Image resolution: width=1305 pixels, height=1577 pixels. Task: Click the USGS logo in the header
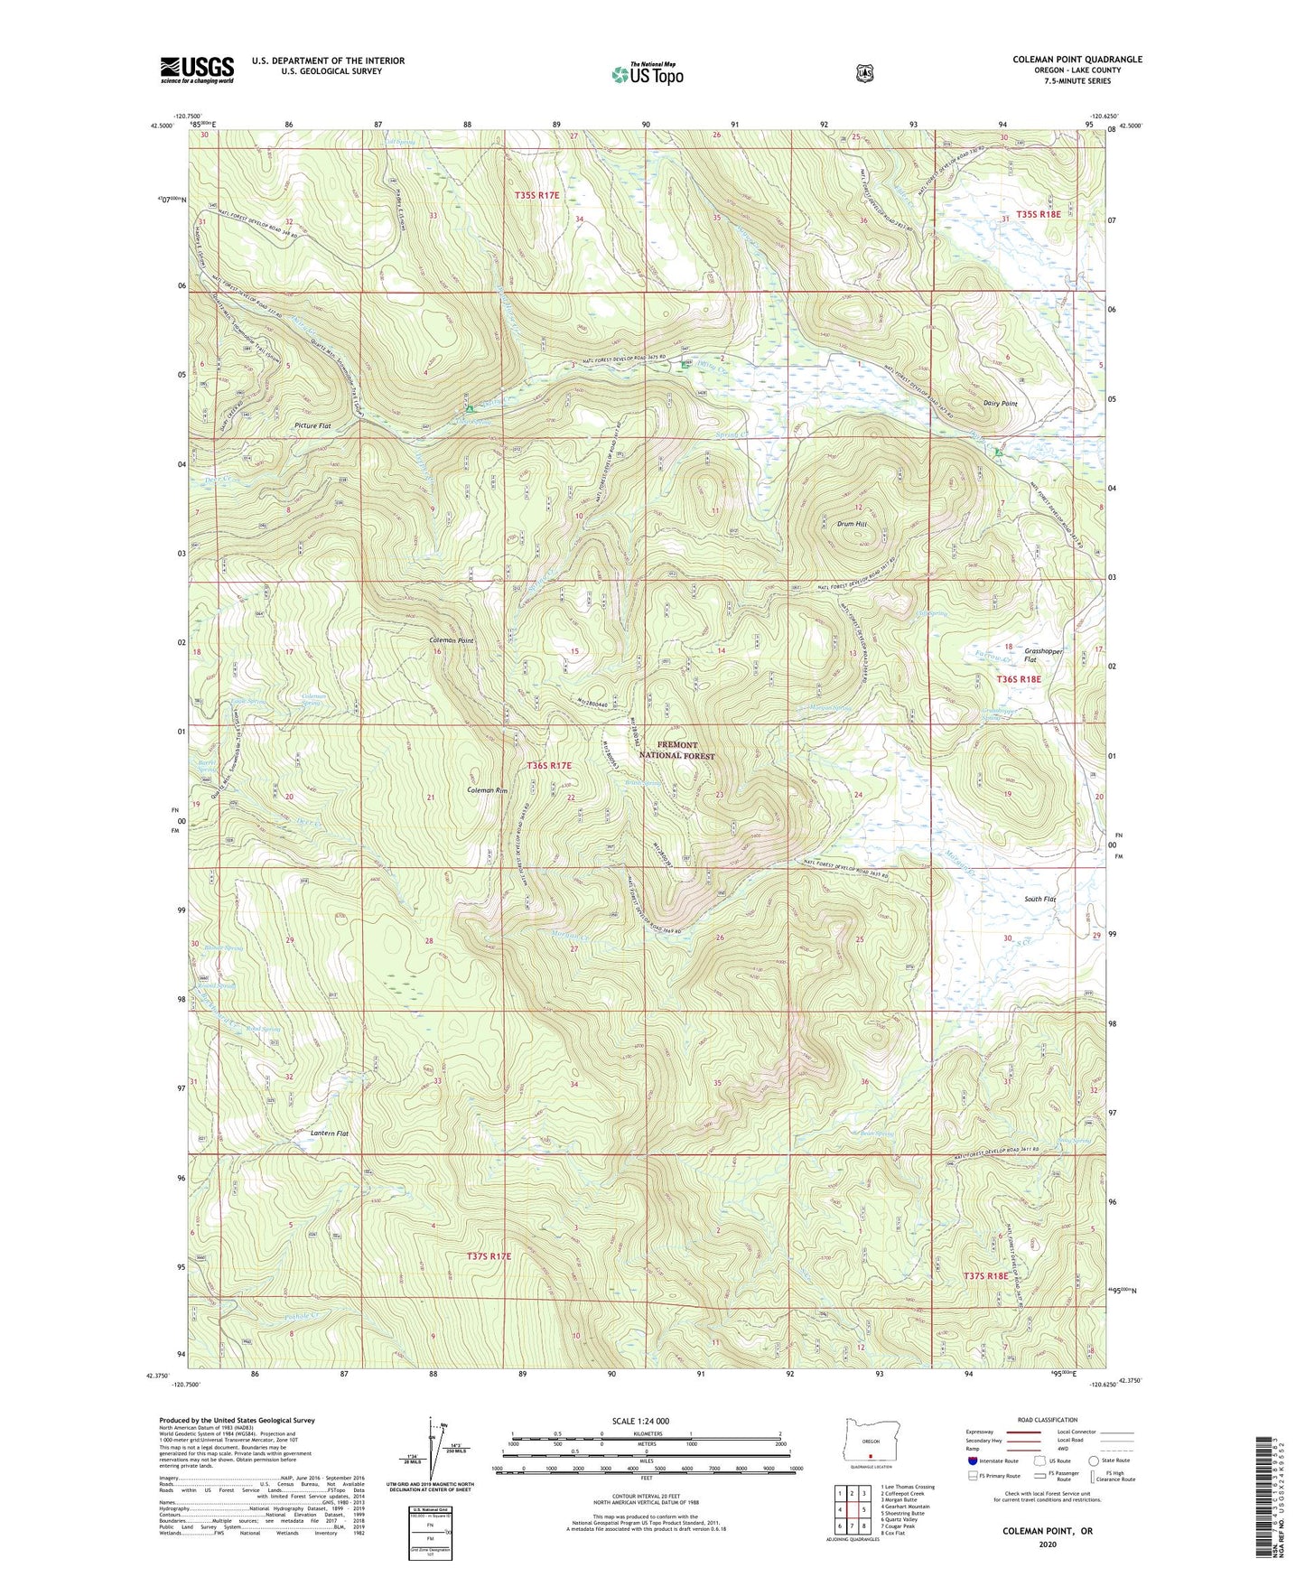197,70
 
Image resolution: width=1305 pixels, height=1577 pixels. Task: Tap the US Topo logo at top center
648,74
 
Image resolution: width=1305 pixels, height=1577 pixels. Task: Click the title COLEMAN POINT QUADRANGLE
1077,60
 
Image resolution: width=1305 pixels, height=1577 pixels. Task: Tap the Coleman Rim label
488,790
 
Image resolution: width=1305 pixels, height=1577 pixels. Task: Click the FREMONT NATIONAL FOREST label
676,751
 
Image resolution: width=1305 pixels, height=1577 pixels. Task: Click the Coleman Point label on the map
452,640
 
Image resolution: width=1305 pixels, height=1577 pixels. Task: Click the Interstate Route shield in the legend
973,1460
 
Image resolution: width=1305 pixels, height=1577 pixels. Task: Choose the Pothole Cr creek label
303,1316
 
